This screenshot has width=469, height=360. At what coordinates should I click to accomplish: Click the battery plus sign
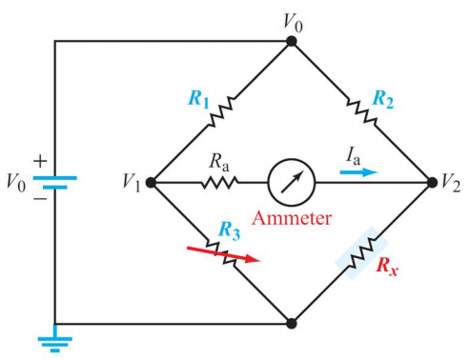coord(40,161)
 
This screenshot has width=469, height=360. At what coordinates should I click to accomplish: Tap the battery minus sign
coord(40,199)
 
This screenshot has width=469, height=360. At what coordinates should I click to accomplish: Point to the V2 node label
coord(452,181)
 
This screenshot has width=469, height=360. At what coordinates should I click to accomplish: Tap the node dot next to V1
coord(152,181)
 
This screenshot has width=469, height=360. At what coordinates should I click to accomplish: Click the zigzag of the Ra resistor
coord(214,181)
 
